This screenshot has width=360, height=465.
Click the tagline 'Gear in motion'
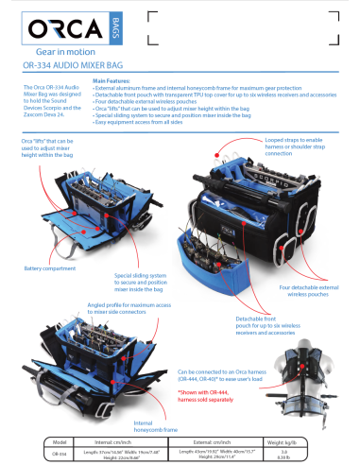coord(67,55)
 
